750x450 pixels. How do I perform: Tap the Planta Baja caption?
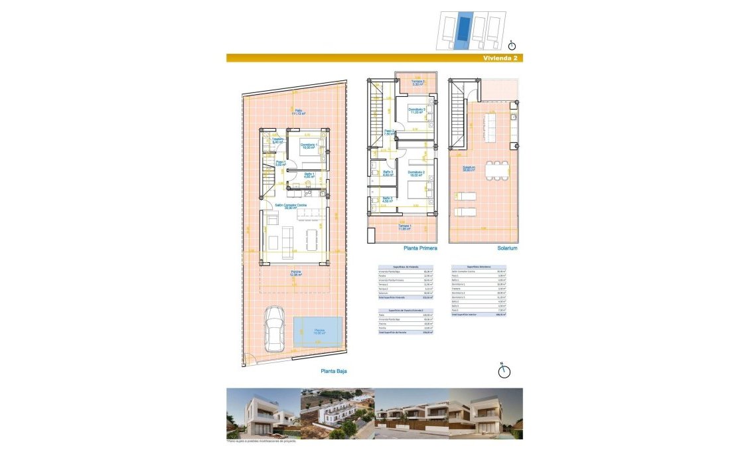pos(334,372)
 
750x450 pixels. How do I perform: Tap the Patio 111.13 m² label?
pos(299,112)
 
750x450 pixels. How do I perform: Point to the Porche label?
pos(296,273)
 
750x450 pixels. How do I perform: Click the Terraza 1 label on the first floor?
pos(405,228)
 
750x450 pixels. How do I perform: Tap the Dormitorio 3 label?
pos(417,111)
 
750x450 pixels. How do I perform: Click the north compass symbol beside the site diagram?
pos(512,45)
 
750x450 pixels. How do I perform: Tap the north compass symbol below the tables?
pos(504,371)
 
